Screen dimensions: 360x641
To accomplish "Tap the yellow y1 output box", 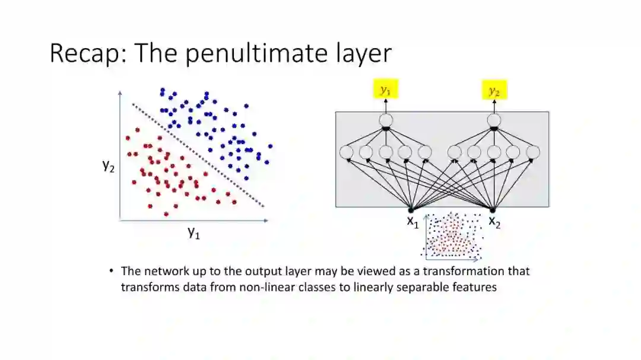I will pos(386,90).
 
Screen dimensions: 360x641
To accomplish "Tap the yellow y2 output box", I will pos(494,90).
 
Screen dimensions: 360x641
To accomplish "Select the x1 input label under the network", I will pos(412,222).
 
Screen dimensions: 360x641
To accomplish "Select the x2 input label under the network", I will pos(494,222).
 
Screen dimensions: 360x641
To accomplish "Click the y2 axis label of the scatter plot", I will pos(108,165).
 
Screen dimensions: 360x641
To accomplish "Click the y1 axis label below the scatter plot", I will pos(193,232).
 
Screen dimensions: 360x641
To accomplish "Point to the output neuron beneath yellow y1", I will pos(386,120).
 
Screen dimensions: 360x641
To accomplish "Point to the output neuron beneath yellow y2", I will pos(494,120).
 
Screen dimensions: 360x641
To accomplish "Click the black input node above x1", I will pos(410,209).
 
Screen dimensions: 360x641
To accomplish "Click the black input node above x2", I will pos(493,209).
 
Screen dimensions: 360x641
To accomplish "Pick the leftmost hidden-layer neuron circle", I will pos(347,152).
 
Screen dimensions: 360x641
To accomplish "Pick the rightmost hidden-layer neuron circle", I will pos(533,152).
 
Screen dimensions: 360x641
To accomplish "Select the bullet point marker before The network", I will pos(111,271).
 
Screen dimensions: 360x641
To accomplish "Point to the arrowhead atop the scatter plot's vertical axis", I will pos(120,93).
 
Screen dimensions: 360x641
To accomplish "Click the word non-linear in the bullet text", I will pos(266,287).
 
